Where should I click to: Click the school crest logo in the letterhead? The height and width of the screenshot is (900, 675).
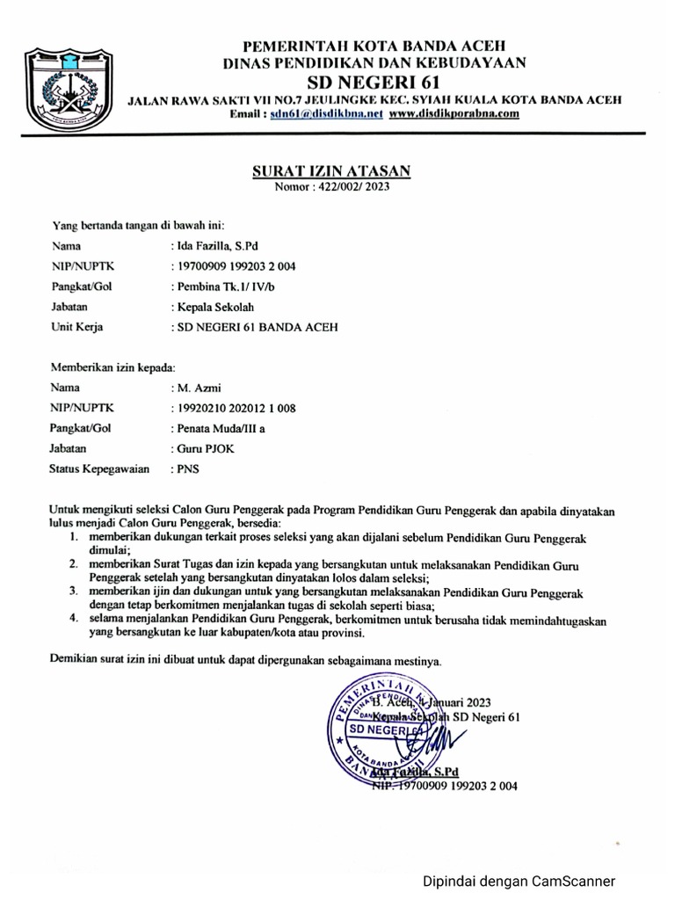pos(69,86)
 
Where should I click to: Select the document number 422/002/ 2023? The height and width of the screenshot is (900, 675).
pos(355,186)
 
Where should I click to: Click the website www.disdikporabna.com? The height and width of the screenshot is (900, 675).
pos(454,114)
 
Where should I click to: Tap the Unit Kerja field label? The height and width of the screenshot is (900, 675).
pos(77,328)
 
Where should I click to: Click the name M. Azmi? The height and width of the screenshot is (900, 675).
pos(199,387)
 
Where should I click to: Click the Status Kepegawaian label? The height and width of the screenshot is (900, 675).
pos(98,469)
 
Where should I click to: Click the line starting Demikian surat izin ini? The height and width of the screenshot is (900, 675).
pos(246,658)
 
